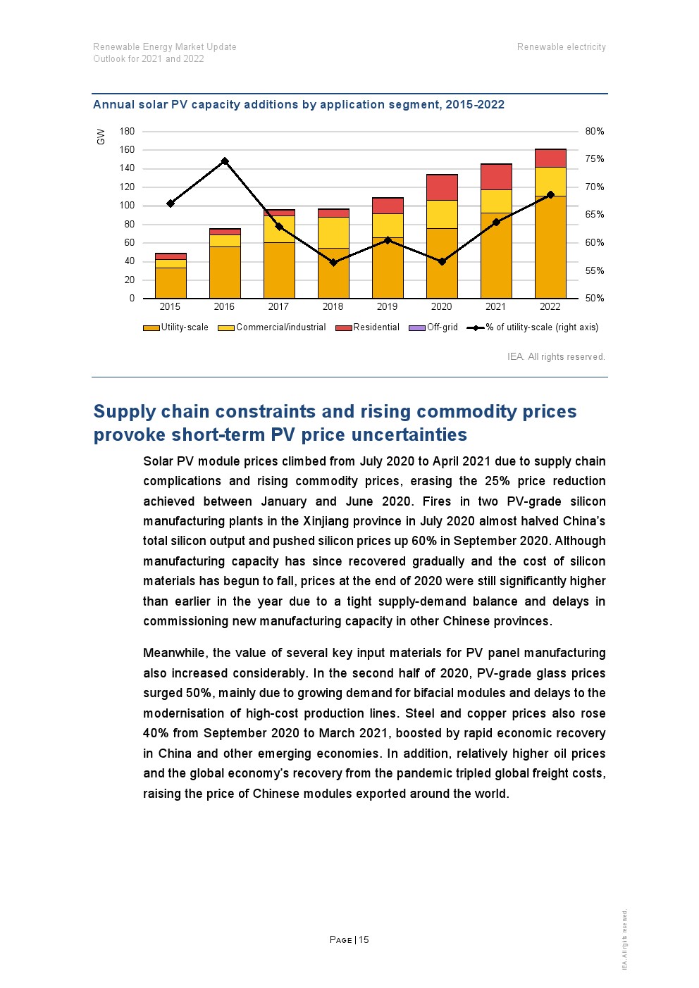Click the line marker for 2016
coord(225,161)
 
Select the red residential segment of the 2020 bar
coord(442,187)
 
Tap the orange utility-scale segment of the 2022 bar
coord(550,246)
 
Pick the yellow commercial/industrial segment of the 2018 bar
coord(333,232)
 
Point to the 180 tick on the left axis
coord(127,132)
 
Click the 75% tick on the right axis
coord(594,159)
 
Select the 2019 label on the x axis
coord(387,307)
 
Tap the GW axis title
coord(101,137)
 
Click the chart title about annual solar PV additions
coord(299,105)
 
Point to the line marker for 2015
coord(171,204)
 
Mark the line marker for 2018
coord(333,263)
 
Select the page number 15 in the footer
coord(364,940)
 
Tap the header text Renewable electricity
coord(561,47)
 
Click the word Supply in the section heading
coord(124,412)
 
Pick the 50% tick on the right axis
coord(594,299)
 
